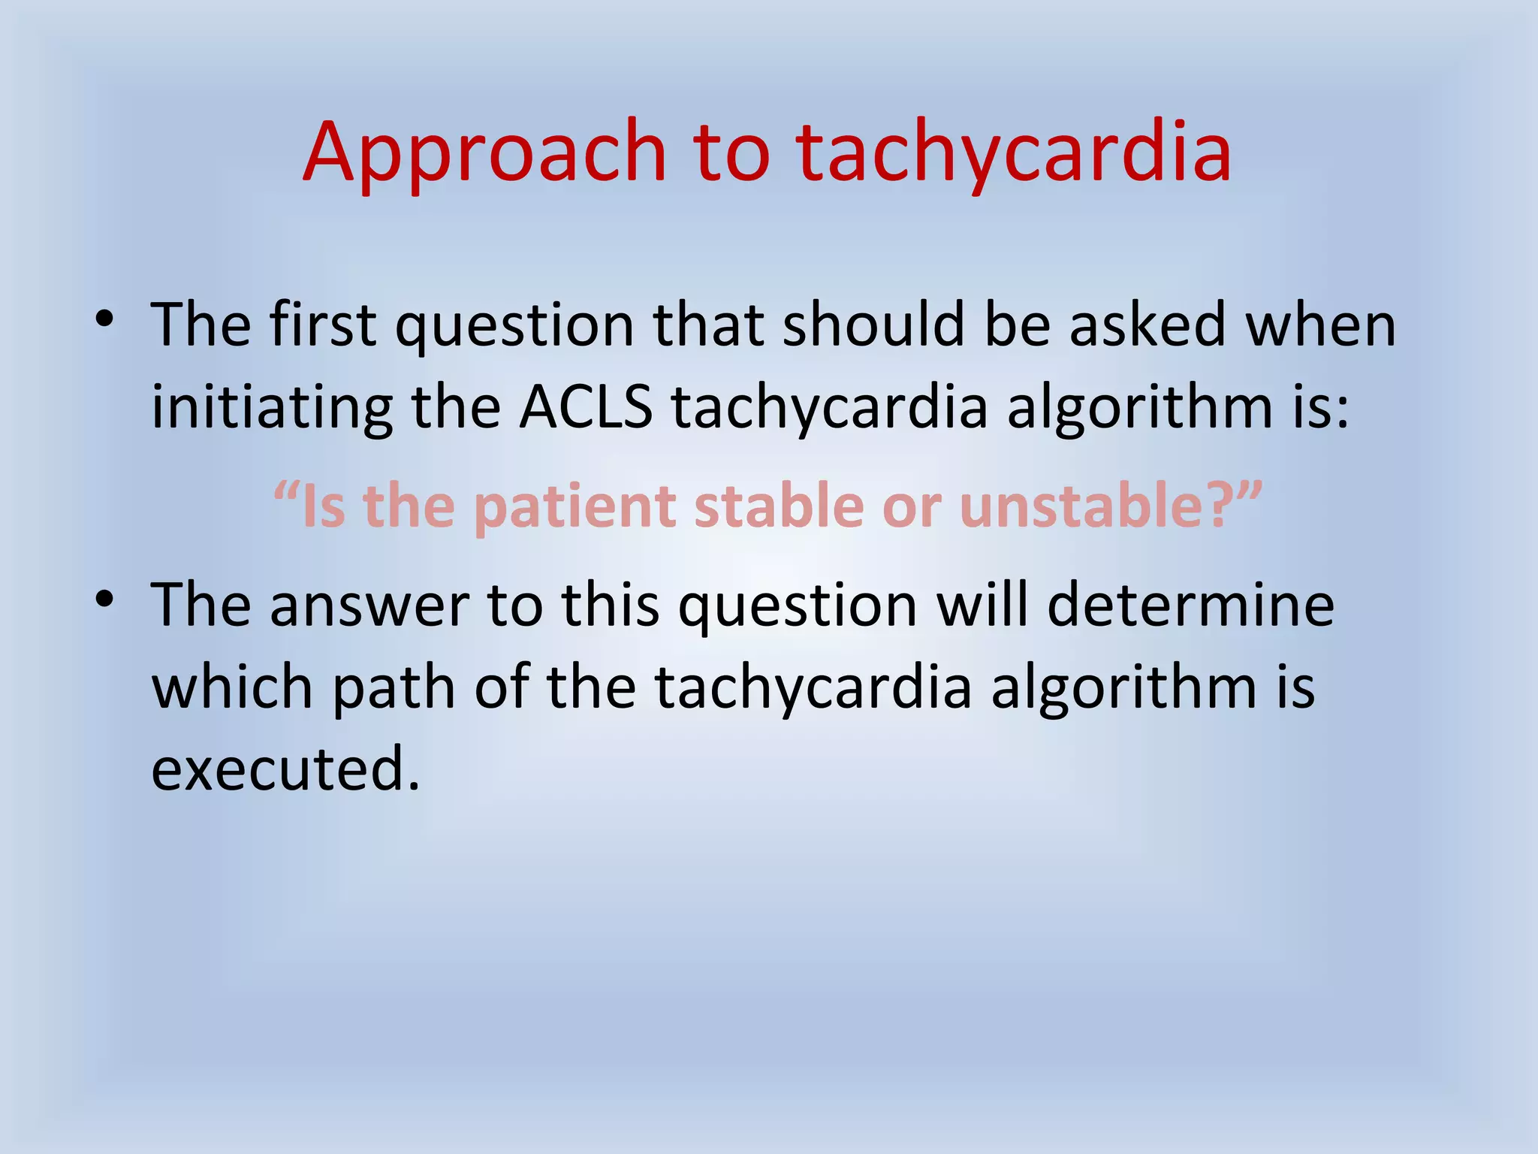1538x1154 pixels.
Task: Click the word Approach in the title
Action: [x=484, y=154]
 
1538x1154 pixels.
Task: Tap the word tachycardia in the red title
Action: [x=1013, y=154]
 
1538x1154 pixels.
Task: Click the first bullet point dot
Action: [x=104, y=320]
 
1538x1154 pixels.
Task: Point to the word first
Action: [x=322, y=325]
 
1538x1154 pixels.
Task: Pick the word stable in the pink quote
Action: [x=778, y=505]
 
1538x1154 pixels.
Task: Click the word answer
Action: [x=369, y=606]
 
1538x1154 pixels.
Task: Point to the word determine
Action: [x=1190, y=606]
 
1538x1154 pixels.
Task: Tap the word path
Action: [x=394, y=688]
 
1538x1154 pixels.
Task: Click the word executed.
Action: [x=285, y=769]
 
